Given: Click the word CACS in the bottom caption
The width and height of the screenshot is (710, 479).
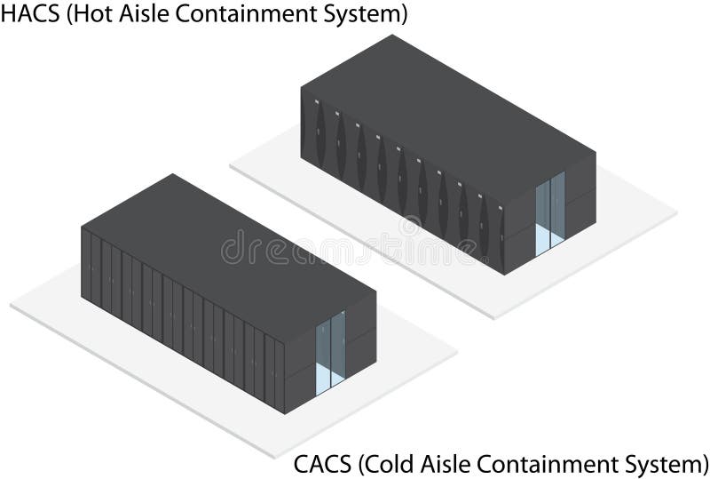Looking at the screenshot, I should pyautogui.click(x=322, y=464).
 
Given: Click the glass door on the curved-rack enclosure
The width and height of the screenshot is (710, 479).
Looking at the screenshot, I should pyautogui.click(x=550, y=212).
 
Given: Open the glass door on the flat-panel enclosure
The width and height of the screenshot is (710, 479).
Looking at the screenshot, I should pyautogui.click(x=330, y=350).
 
